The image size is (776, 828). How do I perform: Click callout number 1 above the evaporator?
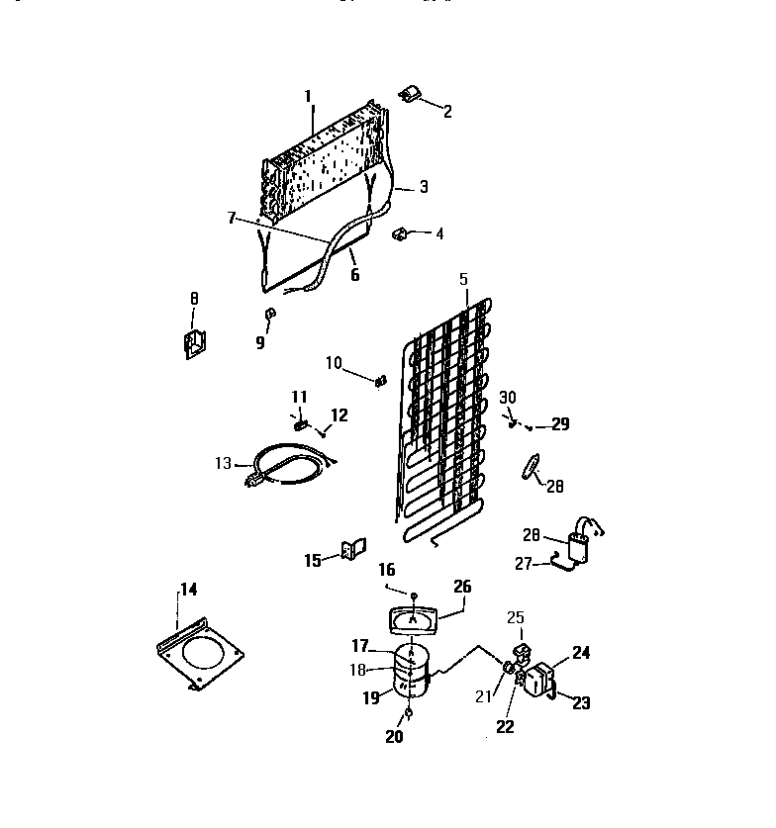(x=308, y=96)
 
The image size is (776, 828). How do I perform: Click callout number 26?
(x=461, y=585)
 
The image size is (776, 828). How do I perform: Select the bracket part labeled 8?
(x=193, y=341)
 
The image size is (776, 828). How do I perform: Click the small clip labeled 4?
(x=402, y=234)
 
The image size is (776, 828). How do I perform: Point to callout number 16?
(x=385, y=570)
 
